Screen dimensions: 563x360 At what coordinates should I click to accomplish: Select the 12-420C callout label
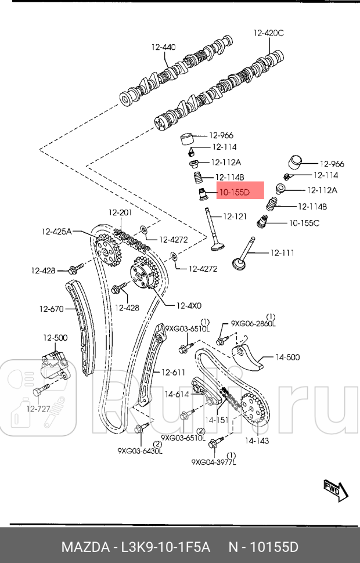pos(268,33)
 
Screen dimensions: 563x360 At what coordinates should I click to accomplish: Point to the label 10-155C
pos(304,222)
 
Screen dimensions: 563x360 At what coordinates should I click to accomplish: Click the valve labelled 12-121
pos(213,232)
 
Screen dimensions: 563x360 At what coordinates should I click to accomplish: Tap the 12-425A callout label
pos(56,231)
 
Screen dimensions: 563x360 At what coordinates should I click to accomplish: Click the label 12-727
pos(38,409)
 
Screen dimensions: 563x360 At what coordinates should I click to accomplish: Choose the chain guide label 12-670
pos(51,309)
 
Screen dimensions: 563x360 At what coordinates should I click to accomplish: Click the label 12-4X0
pos(189,305)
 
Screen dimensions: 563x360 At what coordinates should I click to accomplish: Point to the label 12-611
pos(173,372)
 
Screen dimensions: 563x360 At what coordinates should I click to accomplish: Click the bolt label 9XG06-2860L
pos(253,323)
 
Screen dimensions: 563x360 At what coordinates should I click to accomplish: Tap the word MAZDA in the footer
pos(86,547)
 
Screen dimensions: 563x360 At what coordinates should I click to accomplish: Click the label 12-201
pos(121,213)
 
